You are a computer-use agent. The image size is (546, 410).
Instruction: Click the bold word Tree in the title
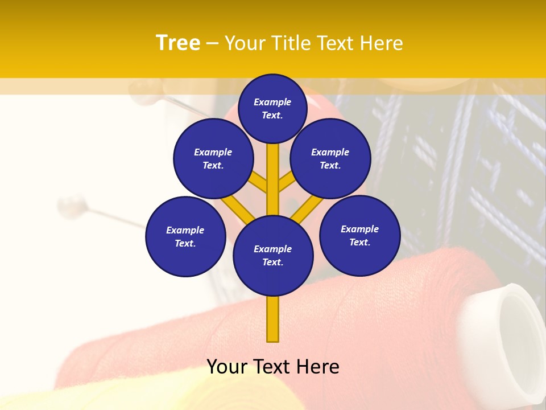pyautogui.click(x=177, y=43)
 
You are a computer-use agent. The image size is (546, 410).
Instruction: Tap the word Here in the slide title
pyautogui.click(x=380, y=43)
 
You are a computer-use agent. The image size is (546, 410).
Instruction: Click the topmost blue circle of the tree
pyautogui.click(x=272, y=108)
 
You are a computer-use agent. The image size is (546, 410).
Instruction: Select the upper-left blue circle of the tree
pyautogui.click(x=213, y=158)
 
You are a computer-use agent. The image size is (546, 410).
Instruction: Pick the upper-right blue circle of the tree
pyautogui.click(x=330, y=158)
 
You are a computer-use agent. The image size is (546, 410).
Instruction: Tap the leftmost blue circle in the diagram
pyautogui.click(x=185, y=236)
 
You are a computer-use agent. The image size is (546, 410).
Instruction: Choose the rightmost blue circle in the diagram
pyautogui.click(x=360, y=235)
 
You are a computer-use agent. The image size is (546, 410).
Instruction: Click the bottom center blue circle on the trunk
pyautogui.click(x=273, y=255)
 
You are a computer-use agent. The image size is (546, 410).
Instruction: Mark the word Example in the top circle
pyautogui.click(x=272, y=102)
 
